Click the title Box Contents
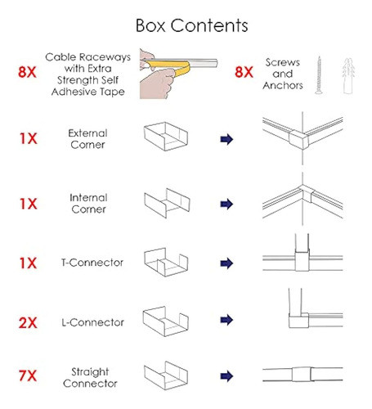(x=191, y=25)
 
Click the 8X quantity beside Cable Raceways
(x=27, y=72)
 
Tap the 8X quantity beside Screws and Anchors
(x=244, y=72)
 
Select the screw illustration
(x=319, y=75)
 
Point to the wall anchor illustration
(x=348, y=76)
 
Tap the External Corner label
(x=87, y=139)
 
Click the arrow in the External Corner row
(x=226, y=139)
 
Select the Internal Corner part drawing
(x=167, y=203)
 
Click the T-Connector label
(x=92, y=263)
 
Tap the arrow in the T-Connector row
(x=226, y=263)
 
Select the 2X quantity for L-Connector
(x=28, y=323)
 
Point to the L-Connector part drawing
(x=166, y=321)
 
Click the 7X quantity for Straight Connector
(x=28, y=375)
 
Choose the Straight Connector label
(x=90, y=378)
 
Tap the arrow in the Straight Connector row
(x=226, y=376)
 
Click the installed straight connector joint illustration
(x=302, y=375)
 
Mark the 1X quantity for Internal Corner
(x=28, y=204)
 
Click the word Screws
(x=283, y=62)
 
